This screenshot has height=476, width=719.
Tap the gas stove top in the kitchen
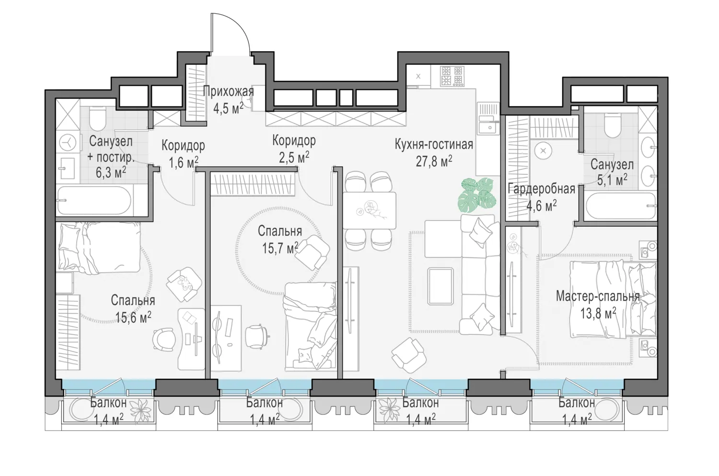tap(452, 76)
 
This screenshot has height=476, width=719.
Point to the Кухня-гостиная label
tap(434, 145)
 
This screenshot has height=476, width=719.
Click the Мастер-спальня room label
tap(598, 296)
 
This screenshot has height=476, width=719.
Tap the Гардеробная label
tap(542, 189)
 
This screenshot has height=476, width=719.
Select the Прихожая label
tap(228, 92)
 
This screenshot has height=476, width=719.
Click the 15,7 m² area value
tap(280, 248)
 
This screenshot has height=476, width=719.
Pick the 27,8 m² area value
tap(434, 161)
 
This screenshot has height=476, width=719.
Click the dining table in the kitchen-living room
tap(370, 210)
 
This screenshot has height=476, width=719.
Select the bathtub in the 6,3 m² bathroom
tap(94, 201)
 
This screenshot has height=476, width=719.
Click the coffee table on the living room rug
tap(441, 286)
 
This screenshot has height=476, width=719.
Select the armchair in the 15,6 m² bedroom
tap(184, 284)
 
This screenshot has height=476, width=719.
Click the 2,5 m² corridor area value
tap(294, 158)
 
